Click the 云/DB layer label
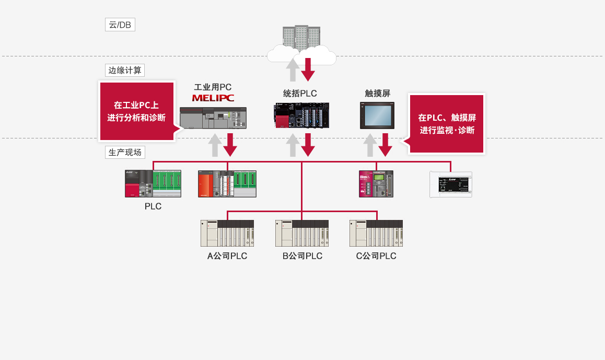pos(120,25)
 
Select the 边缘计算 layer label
pos(124,71)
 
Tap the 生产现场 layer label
pos(124,153)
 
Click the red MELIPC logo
pos(213,98)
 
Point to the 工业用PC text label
pos(213,87)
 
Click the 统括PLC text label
pos(300,94)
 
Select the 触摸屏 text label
pos(377,94)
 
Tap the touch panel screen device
pos(377,115)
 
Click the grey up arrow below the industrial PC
pos(215,145)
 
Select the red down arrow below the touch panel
pos(386,145)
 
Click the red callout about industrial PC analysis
pos(136,111)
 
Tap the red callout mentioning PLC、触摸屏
pos(447,124)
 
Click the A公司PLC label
pos(227,256)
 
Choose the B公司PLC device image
pos(302,233)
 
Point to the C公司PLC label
pos(376,256)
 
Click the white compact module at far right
pos(450,184)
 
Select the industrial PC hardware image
pos(213,118)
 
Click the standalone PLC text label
pos(153,206)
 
